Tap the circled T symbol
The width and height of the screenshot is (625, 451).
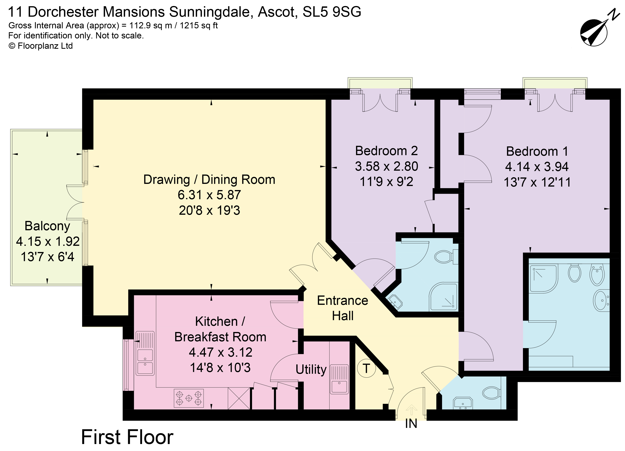coord(366,368)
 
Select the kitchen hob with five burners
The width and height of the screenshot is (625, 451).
coord(189,398)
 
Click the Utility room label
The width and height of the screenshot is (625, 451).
coord(311,369)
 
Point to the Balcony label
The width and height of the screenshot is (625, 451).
coord(47,226)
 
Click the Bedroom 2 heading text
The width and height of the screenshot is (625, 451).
coord(386,151)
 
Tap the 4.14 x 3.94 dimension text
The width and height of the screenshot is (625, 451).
coord(537,167)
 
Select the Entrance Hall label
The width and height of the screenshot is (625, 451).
coord(342,308)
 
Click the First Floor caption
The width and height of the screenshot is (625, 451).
coord(127,437)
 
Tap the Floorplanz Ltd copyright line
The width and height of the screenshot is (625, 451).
coord(41,46)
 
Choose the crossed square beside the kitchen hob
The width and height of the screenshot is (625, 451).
coord(239,398)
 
